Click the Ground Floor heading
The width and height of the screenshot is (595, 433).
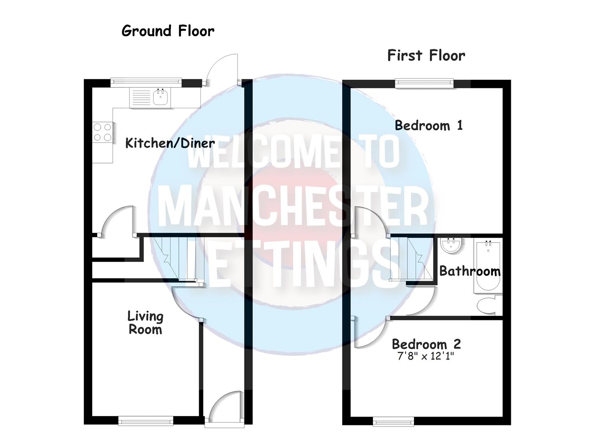(x=168, y=31)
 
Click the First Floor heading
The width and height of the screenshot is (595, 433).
(x=426, y=55)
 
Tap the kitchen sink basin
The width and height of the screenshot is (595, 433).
(x=161, y=97)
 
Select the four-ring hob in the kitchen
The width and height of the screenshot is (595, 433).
(x=102, y=132)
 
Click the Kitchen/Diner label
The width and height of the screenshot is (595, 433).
(x=170, y=143)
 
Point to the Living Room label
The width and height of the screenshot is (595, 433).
(x=145, y=323)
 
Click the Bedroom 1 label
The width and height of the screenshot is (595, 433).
(x=428, y=125)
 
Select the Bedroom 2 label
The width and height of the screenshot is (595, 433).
(x=426, y=344)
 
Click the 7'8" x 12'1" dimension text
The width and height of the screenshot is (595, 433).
(x=426, y=356)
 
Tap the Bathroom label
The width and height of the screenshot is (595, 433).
(x=470, y=271)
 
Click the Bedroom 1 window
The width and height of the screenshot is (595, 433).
(x=424, y=83)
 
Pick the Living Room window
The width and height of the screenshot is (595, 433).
(x=146, y=421)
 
